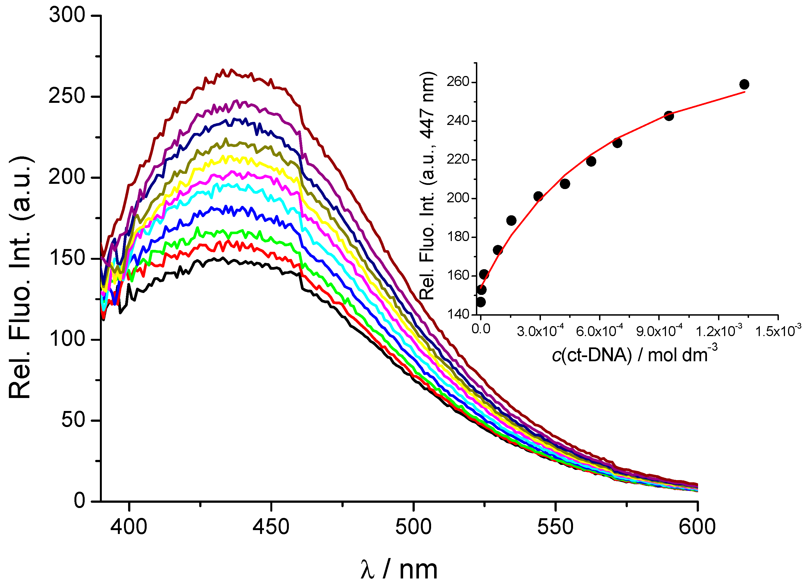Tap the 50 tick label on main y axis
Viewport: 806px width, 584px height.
point(73,420)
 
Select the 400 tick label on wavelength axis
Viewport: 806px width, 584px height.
point(129,527)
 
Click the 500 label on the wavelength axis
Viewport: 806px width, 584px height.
point(413,527)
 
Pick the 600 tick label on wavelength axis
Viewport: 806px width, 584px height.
point(697,527)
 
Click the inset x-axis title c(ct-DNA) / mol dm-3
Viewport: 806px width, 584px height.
point(634,355)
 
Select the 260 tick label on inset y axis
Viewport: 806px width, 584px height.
point(458,82)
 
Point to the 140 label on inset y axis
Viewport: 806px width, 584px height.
point(458,314)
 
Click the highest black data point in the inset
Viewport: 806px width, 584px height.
point(744,85)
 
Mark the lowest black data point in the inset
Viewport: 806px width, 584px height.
point(480,302)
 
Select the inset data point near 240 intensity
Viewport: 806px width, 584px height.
point(669,116)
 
